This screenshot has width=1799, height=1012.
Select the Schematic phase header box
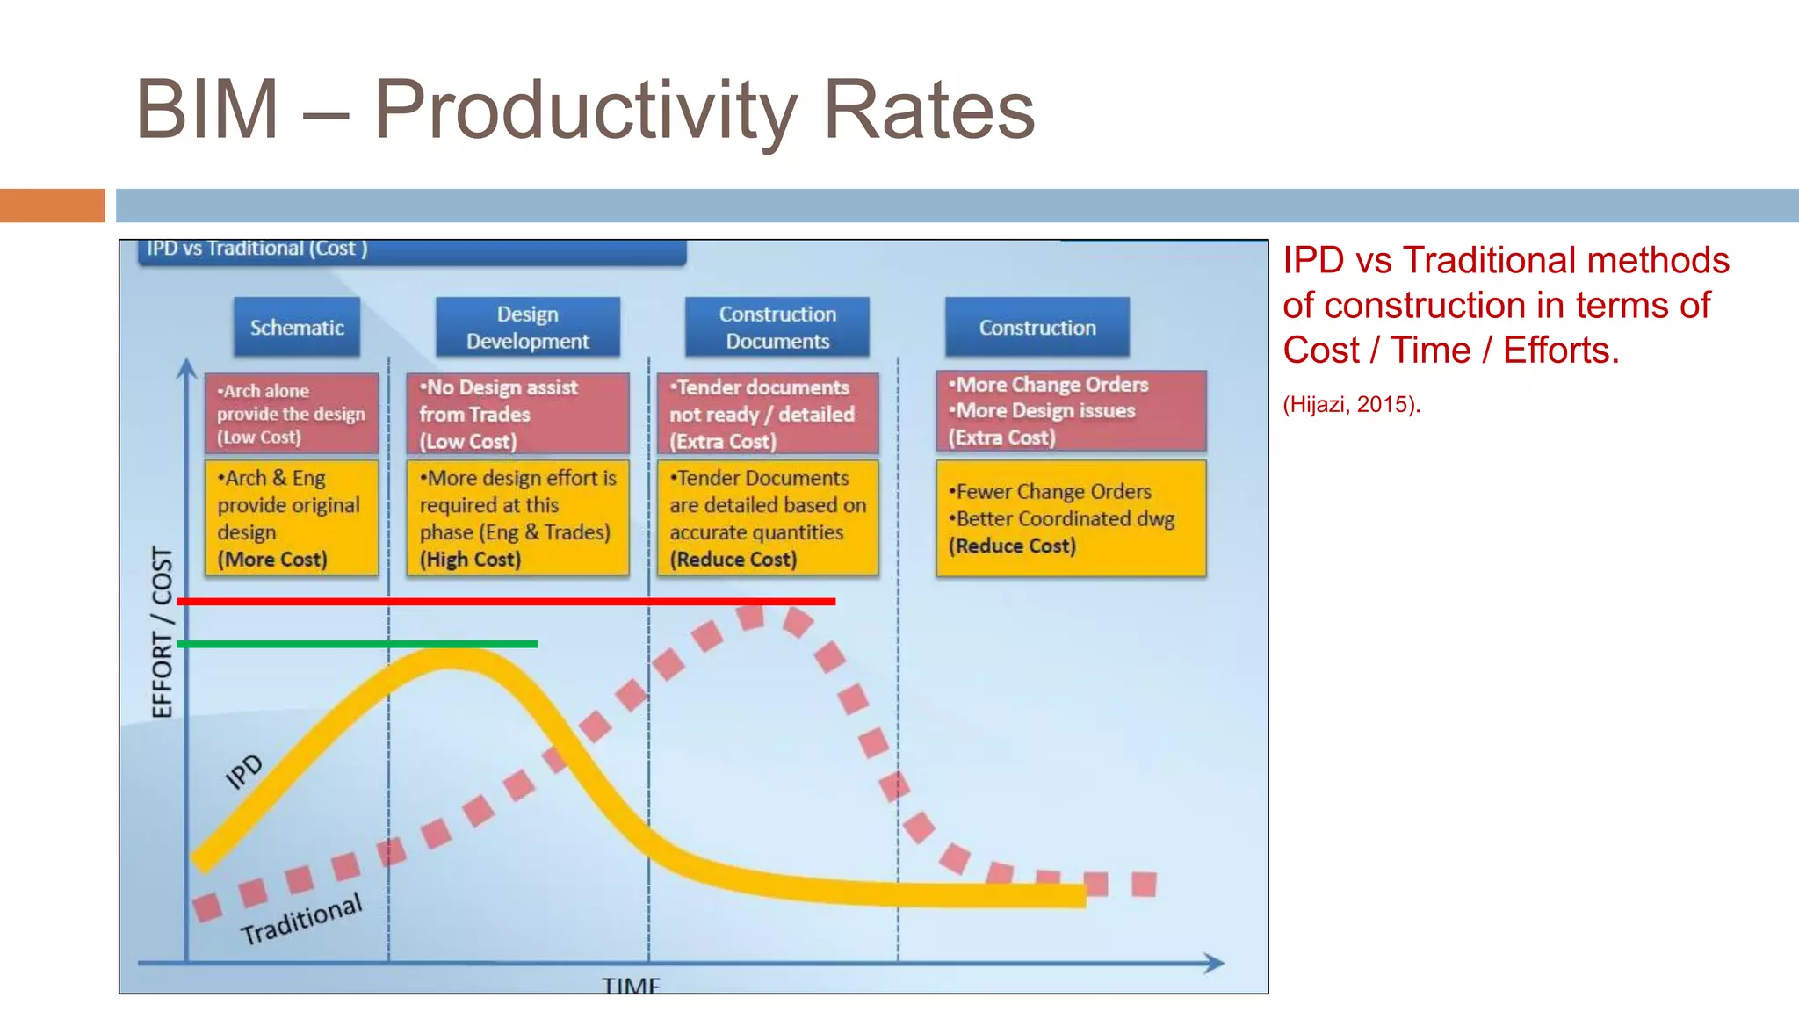point(297,328)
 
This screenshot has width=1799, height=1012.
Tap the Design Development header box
point(528,328)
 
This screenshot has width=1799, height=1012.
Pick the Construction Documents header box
point(777,328)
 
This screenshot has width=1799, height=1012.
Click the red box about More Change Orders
point(1071,411)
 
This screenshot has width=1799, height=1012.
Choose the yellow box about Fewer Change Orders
point(1071,518)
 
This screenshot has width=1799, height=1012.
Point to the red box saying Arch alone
point(292,414)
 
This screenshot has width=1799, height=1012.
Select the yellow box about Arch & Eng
point(292,518)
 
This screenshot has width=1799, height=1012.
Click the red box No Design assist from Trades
point(518,414)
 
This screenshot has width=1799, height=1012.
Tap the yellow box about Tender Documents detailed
point(768,518)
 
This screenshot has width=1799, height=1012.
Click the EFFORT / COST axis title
point(163,632)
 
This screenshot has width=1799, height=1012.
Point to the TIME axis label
point(631,986)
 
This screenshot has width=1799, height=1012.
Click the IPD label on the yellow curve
point(243,771)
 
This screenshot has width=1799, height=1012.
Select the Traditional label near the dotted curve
point(301,919)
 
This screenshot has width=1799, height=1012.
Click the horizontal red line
point(505,602)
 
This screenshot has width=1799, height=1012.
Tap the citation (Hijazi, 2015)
point(1351,405)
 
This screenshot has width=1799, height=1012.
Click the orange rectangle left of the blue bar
point(52,206)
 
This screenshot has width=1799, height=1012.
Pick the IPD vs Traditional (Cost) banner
point(411,250)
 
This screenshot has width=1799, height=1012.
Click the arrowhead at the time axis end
point(1215,964)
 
